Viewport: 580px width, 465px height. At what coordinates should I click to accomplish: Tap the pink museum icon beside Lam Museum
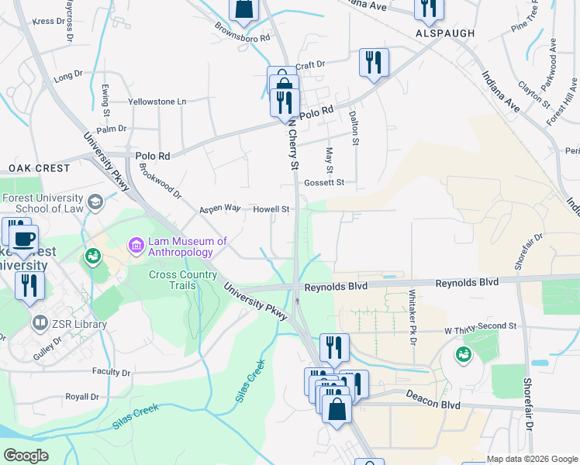[x=136, y=246]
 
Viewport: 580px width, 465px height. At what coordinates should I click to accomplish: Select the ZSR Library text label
[x=80, y=323]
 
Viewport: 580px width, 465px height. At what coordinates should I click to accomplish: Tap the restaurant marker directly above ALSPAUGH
[x=426, y=8]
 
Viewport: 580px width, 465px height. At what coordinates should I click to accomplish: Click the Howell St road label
[x=271, y=209]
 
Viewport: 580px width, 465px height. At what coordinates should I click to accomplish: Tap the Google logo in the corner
[x=26, y=455]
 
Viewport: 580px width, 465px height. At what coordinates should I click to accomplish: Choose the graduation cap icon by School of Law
[x=95, y=203]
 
